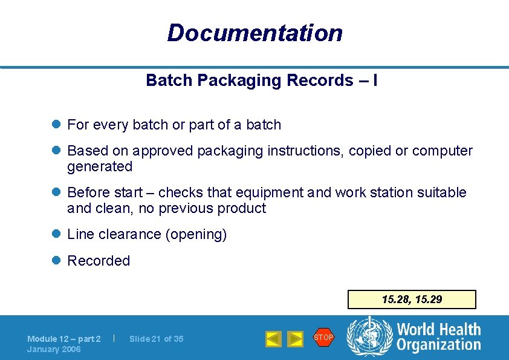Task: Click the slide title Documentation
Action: click(x=254, y=33)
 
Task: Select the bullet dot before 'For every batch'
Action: click(x=56, y=125)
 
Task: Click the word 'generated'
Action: click(x=100, y=166)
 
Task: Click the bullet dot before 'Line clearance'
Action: click(x=56, y=234)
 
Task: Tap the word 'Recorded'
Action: click(x=99, y=261)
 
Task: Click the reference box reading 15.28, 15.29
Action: click(x=412, y=299)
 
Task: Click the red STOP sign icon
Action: click(x=323, y=337)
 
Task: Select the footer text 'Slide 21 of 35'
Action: click(x=156, y=339)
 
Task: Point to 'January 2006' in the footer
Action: click(x=54, y=349)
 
